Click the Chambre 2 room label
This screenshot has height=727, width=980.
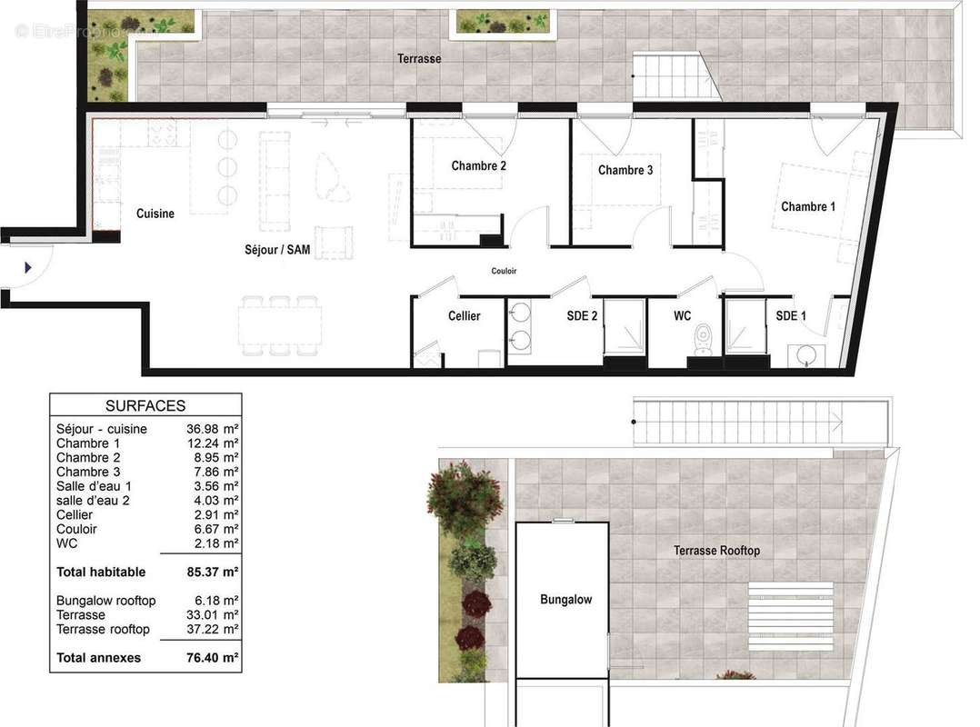(479, 165)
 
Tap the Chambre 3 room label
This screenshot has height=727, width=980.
(625, 170)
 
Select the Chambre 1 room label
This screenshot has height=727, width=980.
(808, 206)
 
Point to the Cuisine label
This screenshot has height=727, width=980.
(155, 214)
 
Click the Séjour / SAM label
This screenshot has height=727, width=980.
(277, 250)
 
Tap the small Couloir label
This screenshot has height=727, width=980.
(504, 271)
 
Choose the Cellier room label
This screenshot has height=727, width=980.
(465, 316)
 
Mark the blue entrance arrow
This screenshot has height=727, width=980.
(27, 268)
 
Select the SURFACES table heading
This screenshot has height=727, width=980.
(145, 406)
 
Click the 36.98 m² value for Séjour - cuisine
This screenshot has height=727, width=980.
(213, 429)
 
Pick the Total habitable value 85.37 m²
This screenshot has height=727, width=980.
(213, 573)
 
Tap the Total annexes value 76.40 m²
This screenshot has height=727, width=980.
(213, 658)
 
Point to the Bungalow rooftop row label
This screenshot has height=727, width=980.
(105, 601)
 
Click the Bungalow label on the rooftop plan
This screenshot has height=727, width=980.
(566, 600)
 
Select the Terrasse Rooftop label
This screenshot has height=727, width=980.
(717, 550)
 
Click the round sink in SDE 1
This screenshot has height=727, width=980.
(807, 356)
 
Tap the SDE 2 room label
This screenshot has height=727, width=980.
(582, 316)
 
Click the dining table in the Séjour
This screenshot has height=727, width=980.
(279, 326)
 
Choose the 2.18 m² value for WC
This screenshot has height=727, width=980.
(216, 543)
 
